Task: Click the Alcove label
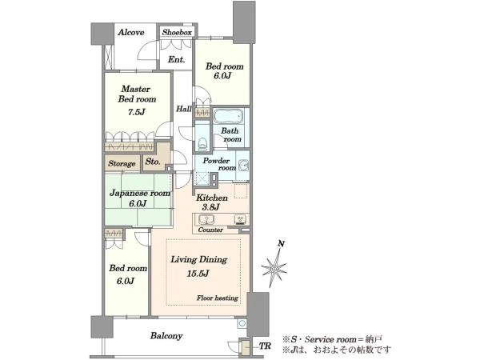131,32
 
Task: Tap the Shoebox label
177,32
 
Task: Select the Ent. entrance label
176,59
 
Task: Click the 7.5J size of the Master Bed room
136,112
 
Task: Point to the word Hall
184,109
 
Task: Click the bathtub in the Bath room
228,116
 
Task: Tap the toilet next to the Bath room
202,143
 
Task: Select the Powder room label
219,164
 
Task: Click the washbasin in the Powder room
244,166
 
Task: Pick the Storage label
122,164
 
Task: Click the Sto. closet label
153,162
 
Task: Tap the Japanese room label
140,193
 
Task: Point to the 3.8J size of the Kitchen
210,207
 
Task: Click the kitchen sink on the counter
206,219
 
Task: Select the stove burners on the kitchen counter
240,219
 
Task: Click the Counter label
210,230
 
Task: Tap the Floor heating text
218,298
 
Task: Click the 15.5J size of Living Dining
198,274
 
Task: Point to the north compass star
274,269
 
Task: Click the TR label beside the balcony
265,346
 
